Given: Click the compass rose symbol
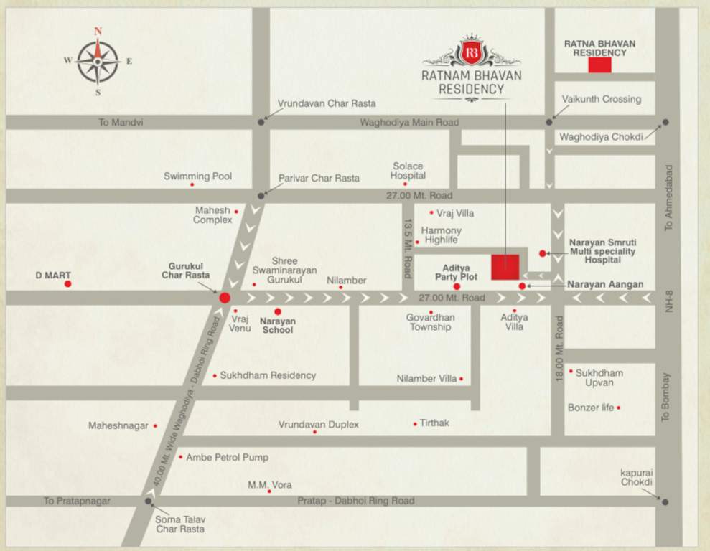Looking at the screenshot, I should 98,61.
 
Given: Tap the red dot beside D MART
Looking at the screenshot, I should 67,284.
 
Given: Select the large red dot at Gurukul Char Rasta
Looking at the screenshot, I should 225,298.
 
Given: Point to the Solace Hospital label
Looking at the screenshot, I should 408,171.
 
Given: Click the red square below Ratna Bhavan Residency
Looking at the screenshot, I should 599,65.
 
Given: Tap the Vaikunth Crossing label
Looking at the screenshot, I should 602,99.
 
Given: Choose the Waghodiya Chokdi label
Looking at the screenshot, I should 602,136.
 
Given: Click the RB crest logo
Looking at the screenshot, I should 472,52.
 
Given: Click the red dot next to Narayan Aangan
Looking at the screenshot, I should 522,286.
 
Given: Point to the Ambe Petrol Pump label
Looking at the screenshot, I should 227,457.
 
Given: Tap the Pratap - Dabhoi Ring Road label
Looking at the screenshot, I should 356,501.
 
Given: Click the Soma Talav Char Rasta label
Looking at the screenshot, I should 179,524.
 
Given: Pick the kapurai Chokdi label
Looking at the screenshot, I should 638,477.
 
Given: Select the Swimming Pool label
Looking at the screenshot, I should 197,176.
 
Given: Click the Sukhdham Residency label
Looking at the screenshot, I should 268,375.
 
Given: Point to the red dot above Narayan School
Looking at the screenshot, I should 278,311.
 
